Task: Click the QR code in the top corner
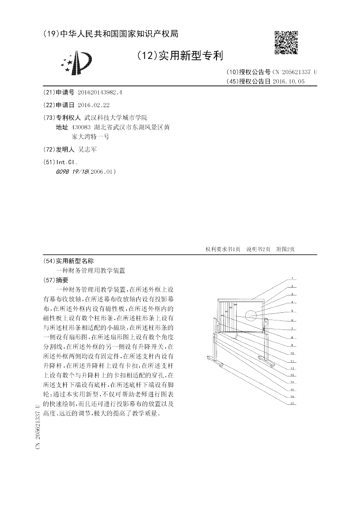(286, 42)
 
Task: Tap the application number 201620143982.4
(100, 92)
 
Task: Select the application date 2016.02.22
(94, 105)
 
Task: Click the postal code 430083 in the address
(81, 127)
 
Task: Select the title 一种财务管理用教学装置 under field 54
(90, 271)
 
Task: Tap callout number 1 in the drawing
(292, 278)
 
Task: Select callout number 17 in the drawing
(292, 403)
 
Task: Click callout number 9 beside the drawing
(292, 345)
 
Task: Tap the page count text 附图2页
(285, 249)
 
